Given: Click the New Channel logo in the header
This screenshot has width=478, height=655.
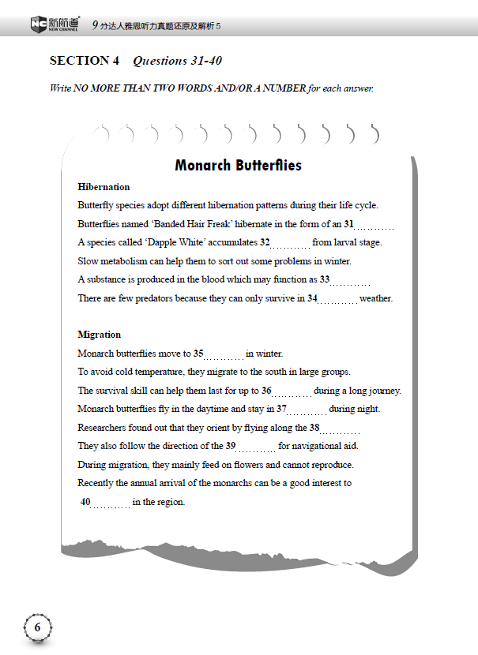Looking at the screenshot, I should click(55, 24).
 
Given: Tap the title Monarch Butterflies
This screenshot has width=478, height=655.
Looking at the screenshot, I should click(238, 166).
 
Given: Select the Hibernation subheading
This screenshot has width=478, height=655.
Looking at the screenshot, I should click(104, 187).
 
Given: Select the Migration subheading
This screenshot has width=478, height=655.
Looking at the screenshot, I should click(100, 335).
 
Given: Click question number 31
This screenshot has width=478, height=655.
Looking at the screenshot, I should click(348, 224).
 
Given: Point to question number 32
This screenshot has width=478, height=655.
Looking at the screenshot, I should click(265, 242).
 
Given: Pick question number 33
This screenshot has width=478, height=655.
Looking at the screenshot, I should click(324, 279).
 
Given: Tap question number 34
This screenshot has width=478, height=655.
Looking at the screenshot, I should click(312, 298).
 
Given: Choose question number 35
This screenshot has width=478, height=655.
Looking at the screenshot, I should click(198, 354).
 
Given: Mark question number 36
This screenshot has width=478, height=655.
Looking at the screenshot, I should click(266, 391).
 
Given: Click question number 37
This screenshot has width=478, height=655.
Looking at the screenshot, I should click(281, 409).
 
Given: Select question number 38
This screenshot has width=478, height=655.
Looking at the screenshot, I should click(314, 428).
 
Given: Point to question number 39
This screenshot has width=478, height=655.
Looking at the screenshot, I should click(231, 446).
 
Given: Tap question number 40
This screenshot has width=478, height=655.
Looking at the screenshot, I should click(85, 502).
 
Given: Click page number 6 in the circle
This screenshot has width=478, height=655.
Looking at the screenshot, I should click(37, 627).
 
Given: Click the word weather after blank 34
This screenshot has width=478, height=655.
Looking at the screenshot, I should click(376, 298).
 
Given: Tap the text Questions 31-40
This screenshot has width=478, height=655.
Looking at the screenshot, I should click(183, 61).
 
